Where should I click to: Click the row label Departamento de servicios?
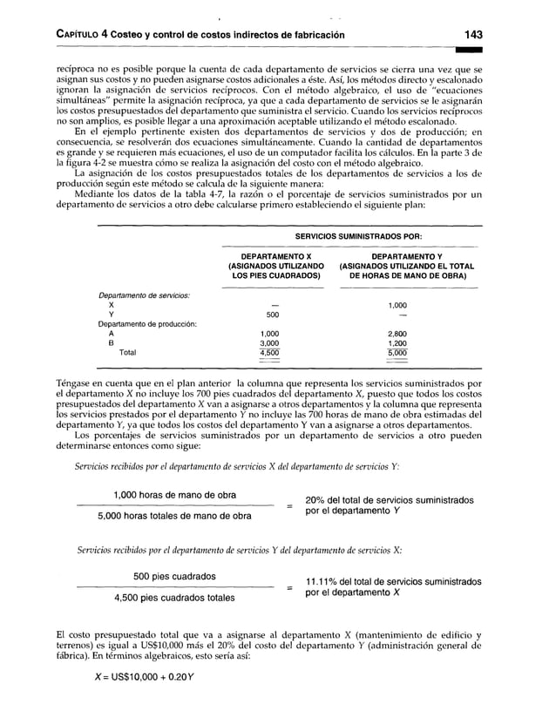pos(143,295)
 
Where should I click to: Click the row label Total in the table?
pos(127,353)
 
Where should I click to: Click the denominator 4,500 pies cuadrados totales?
pos(173,598)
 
